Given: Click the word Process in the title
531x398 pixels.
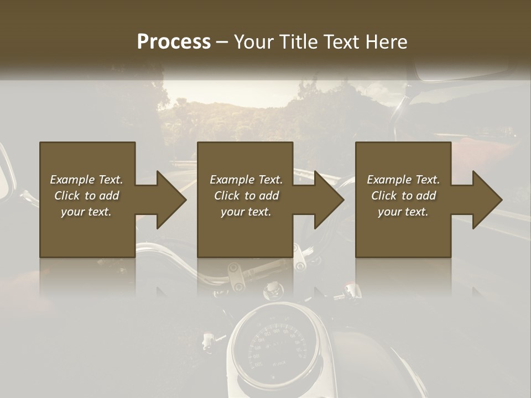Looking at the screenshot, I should click(x=174, y=42).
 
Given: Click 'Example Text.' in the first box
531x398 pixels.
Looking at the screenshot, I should click(x=86, y=180).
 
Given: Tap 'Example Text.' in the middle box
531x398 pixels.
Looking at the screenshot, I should click(x=246, y=180).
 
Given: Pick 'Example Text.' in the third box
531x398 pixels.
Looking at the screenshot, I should click(x=403, y=180).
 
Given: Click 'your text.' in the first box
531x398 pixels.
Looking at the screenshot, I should click(x=86, y=212).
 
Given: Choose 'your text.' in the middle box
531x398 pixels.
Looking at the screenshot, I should click(x=246, y=212).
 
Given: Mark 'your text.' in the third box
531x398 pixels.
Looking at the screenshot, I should click(x=403, y=212).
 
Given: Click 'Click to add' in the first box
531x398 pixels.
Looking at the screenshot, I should click(x=86, y=196).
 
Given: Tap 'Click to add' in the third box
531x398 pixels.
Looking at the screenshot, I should click(x=403, y=196).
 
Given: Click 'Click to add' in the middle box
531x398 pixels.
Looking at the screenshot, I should click(x=246, y=196).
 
